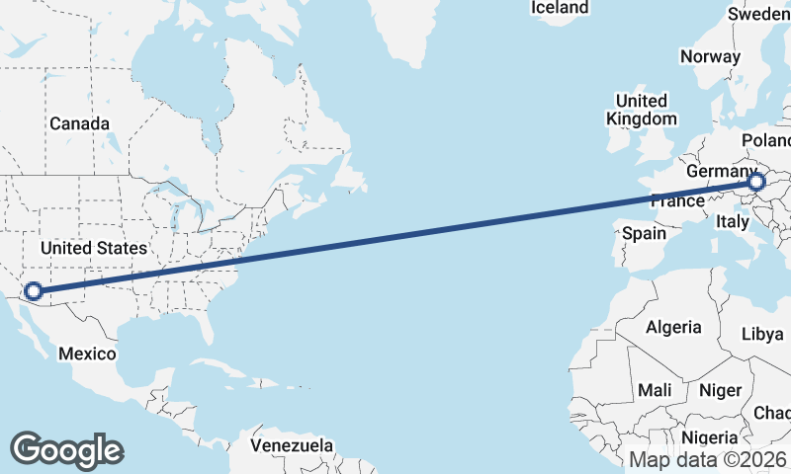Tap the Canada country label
click(79, 124)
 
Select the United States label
click(93, 248)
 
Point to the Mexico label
click(87, 354)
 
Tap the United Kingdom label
click(642, 110)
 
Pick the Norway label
click(710, 56)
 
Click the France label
click(677, 201)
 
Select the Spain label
click(645, 235)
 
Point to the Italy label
click(733, 222)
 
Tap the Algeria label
click(673, 327)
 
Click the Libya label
click(762, 334)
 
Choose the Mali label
click(655, 390)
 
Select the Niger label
click(720, 390)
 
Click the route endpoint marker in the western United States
click(33, 291)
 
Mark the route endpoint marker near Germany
click(756, 183)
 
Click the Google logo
click(66, 450)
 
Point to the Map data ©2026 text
click(707, 459)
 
